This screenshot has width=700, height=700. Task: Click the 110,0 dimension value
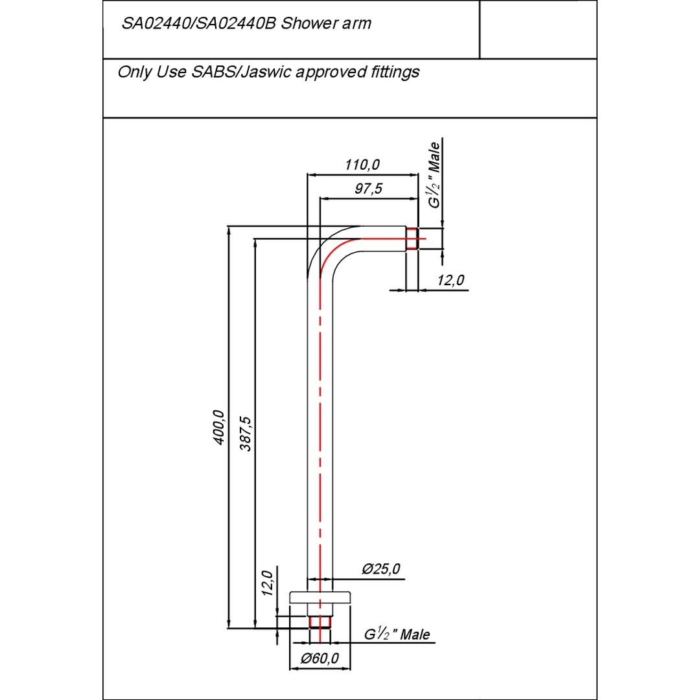pyautogui.click(x=362, y=165)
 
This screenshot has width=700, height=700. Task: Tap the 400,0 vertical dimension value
pyautogui.click(x=218, y=427)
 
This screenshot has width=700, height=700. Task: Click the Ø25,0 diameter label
pyautogui.click(x=381, y=569)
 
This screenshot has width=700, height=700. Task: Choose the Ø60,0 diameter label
pyautogui.click(x=320, y=659)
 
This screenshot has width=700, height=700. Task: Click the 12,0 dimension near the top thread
pyautogui.click(x=450, y=280)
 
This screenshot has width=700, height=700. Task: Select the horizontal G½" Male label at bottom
pyautogui.click(x=397, y=635)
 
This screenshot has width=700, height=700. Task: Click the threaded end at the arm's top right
pyautogui.click(x=412, y=239)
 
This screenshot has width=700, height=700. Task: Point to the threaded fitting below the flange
pyautogui.click(x=319, y=622)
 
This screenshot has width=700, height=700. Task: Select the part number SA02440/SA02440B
pyautogui.click(x=200, y=24)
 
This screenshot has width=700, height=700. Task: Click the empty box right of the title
pyautogui.click(x=537, y=29)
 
